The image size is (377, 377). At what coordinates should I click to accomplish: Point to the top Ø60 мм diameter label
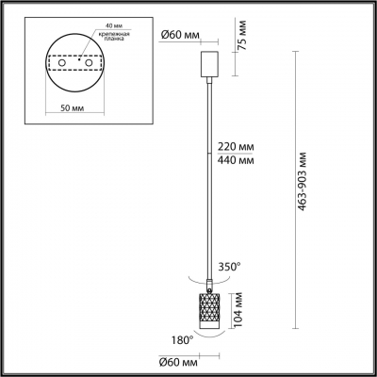click(178, 36)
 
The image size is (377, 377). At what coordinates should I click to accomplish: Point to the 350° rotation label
click(231, 267)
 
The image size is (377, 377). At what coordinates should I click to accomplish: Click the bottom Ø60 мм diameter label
click(179, 362)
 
